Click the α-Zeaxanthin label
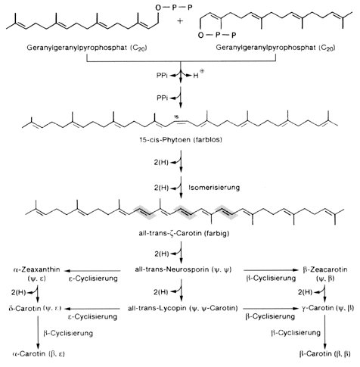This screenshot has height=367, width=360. pos(39,269)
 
